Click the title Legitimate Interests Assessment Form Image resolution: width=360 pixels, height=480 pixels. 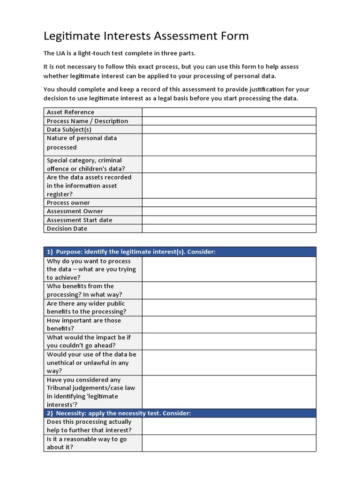pos(146,36)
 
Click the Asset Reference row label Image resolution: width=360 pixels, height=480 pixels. pos(70,112)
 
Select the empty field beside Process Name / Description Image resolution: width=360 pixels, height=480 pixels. pos(229,121)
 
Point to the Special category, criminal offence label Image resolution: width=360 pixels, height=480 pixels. pos(84,165)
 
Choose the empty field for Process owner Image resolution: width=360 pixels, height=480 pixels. pos(229,202)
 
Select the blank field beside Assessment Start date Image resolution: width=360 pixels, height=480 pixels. pos(229,220)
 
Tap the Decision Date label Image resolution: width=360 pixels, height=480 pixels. pos(67,229)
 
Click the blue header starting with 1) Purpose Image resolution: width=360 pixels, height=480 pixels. pos(180,252)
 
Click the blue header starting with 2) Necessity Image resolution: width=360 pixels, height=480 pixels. pos(180,413)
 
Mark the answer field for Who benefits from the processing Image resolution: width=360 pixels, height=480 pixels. pos(229,290)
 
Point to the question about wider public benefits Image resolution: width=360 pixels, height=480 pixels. pos(86,307)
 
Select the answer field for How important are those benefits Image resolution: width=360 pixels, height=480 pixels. pos(229,324)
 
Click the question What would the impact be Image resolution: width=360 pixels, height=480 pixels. pos(88,341)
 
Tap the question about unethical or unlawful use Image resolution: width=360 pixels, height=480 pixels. pos(91,363)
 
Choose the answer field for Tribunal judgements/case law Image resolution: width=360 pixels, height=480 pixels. pos(229,392)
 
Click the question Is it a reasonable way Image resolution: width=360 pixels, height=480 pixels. pos(87,443)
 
